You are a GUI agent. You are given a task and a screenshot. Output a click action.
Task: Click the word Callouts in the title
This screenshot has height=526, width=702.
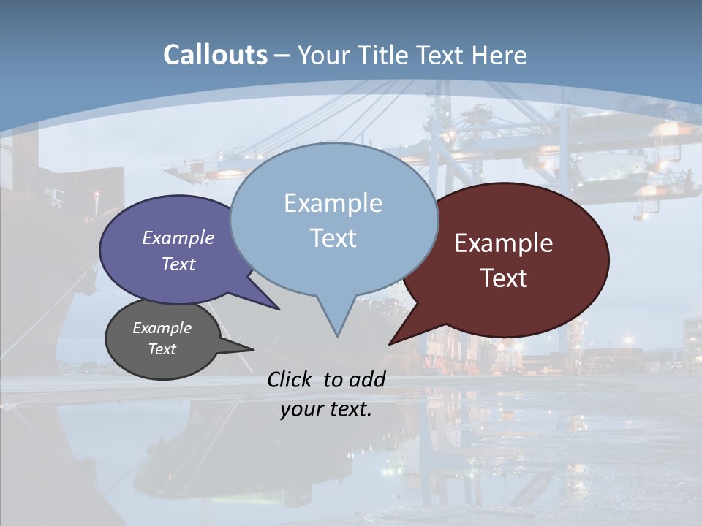click(x=215, y=56)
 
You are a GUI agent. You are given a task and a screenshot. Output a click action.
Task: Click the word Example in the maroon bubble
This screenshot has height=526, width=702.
click(x=504, y=244)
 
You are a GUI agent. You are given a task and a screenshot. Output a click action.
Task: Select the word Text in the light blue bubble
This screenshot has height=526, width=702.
click(x=333, y=238)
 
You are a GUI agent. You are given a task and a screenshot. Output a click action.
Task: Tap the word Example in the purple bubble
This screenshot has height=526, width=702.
click(x=178, y=238)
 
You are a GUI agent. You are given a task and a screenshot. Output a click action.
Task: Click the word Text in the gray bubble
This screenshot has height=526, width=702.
click(x=162, y=349)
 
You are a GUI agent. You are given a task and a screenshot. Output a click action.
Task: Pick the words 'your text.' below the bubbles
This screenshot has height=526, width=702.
click(x=326, y=409)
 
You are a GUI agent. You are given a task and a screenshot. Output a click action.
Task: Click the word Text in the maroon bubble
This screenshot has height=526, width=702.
click(x=505, y=278)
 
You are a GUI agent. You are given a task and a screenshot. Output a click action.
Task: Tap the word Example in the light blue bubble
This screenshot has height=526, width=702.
click(x=333, y=203)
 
